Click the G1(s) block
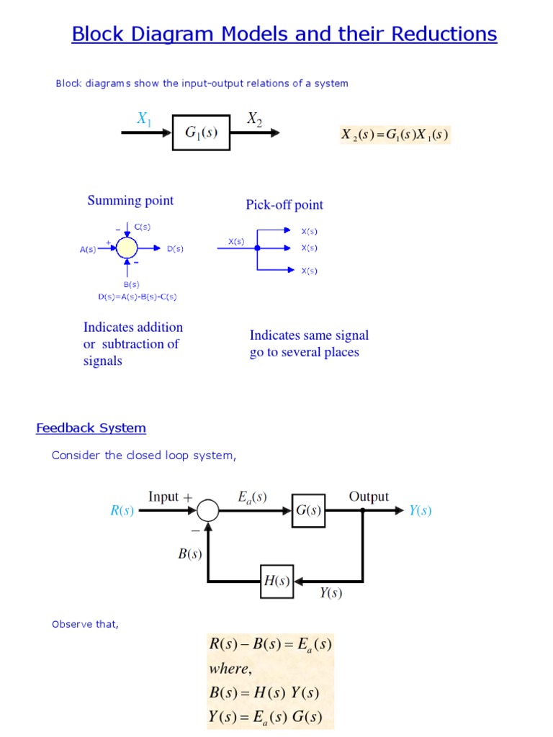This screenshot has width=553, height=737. tap(202, 132)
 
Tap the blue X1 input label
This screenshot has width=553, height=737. tap(145, 119)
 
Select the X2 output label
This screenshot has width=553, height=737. tap(255, 119)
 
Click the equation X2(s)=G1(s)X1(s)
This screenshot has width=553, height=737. tap(395, 135)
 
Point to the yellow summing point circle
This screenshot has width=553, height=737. tap(127, 248)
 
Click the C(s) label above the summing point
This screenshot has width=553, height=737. tap(143, 227)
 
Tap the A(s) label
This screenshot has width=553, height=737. tap(88, 250)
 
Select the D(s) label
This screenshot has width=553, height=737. tap(175, 249)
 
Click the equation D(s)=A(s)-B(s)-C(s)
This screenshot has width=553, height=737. tap(138, 296)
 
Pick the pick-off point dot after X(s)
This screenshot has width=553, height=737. tap(257, 248)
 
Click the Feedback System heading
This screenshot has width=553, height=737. tap(91, 428)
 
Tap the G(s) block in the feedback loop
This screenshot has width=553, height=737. tap(308, 510)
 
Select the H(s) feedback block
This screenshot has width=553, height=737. tap(276, 581)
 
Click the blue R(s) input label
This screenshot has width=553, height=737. tap(122, 511)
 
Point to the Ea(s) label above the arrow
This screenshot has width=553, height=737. tap(252, 497)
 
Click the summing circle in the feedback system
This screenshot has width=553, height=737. tap(208, 510)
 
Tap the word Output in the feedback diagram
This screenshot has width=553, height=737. tap(369, 497)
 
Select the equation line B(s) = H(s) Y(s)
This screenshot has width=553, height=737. tap(264, 693)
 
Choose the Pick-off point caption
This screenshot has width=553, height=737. tap(284, 205)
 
